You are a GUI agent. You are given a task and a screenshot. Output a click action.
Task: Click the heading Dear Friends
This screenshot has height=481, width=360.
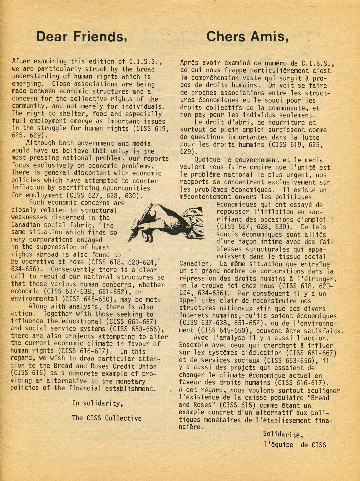[81, 37]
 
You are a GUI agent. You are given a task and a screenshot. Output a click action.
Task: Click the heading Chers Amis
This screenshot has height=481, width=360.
[247, 37]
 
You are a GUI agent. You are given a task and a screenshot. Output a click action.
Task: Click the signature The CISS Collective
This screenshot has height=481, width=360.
[107, 418]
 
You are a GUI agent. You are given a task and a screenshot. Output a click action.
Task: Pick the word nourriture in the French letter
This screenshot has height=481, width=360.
[283, 123]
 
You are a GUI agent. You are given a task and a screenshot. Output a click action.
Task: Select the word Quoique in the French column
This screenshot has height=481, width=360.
[207, 160]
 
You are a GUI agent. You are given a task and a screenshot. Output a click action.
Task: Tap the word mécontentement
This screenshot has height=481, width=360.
[205, 197]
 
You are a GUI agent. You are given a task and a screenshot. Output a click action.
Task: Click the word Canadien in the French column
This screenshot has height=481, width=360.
[194, 264]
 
